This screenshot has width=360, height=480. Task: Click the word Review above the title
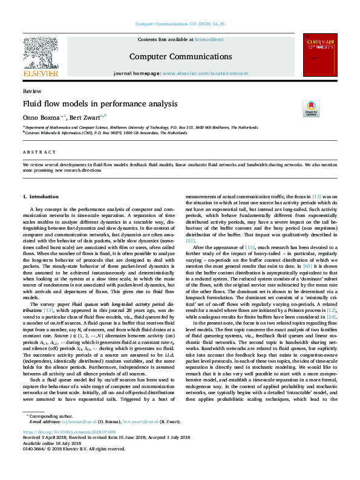[28, 91]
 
